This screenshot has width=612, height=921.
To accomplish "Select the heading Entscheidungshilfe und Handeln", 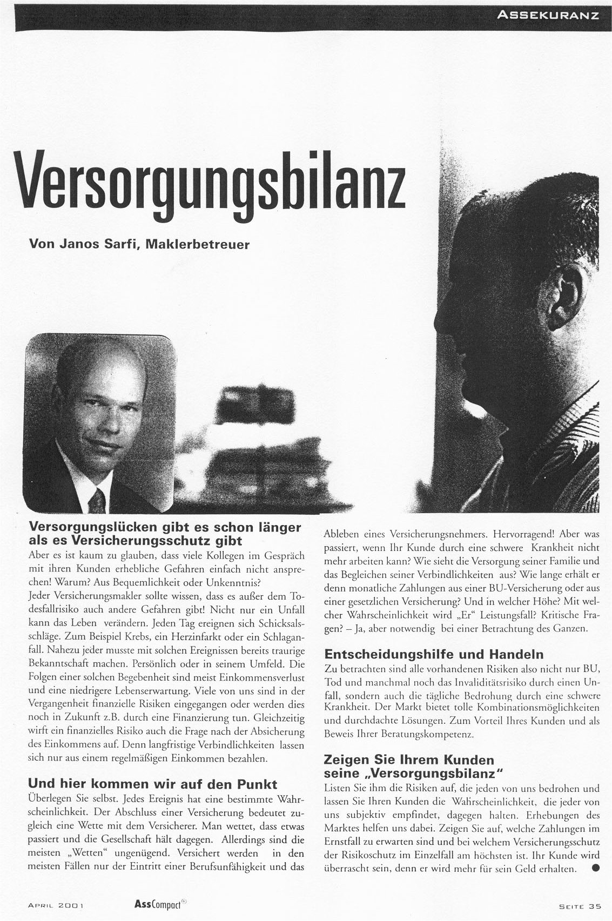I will pos(434,655).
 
